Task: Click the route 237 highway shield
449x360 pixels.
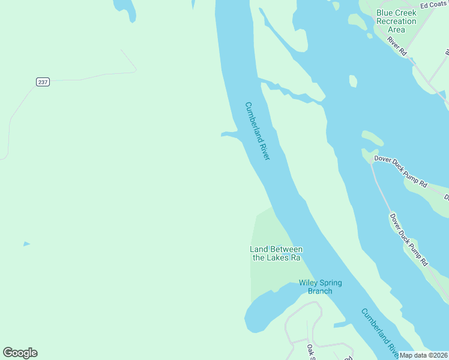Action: [x=42, y=82]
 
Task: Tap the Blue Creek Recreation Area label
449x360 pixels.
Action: [x=396, y=21]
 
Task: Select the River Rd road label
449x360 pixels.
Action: [x=397, y=46]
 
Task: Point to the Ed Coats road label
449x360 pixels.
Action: [x=433, y=5]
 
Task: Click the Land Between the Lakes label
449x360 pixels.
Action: [x=276, y=253]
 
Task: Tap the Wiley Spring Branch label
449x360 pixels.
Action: [x=320, y=287]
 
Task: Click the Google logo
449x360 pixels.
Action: [x=20, y=353]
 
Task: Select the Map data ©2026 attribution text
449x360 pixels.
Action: [x=423, y=355]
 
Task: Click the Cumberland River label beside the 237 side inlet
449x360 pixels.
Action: [x=258, y=130]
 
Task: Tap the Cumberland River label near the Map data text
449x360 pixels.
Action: [x=379, y=331]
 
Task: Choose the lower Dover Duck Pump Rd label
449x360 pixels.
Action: [x=408, y=239]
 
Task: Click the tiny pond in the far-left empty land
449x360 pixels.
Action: [x=26, y=244]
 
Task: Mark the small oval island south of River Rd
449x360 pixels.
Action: [x=353, y=81]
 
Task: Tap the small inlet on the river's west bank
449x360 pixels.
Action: [x=230, y=134]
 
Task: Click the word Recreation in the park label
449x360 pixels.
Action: [x=396, y=21]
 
